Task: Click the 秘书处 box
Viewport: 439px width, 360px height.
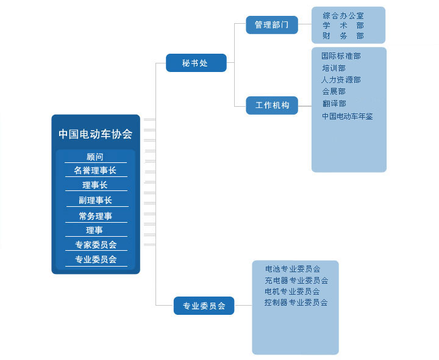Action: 196,63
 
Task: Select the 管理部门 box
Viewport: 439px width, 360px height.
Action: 272,25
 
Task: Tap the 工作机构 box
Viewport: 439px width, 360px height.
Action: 272,106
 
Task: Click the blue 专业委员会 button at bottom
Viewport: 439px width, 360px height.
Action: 204,306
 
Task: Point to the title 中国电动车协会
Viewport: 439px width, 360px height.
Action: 95,134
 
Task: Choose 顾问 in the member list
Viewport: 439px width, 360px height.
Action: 95,157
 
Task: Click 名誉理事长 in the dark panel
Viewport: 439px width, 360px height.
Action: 95,171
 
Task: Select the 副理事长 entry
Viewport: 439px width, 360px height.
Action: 95,200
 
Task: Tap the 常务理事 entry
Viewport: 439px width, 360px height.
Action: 95,216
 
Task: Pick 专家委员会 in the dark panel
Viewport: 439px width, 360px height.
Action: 95,245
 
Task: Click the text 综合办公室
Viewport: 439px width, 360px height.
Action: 343,15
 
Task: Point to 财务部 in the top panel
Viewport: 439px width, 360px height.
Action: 343,36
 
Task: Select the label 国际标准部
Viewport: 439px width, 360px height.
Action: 341,56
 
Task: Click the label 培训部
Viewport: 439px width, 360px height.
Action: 334,68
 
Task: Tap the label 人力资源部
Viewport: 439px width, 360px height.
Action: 341,80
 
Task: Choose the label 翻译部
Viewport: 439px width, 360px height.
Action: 334,104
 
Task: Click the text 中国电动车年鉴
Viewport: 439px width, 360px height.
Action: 347,116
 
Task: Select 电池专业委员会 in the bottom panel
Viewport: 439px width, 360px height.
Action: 293,268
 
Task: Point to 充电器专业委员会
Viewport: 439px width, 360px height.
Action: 296,281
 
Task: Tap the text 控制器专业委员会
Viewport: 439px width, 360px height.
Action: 296,302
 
